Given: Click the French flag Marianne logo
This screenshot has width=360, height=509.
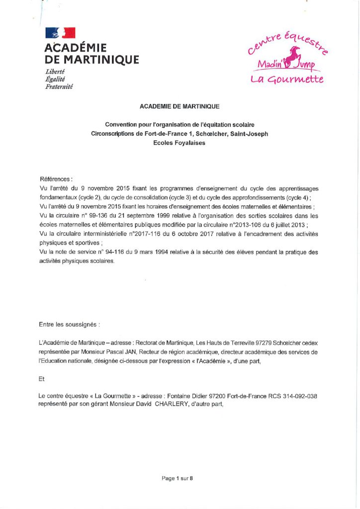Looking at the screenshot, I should tap(60, 33).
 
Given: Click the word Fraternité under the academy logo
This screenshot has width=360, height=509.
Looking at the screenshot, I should tap(59, 86).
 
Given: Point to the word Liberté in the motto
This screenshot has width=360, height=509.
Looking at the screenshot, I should tap(55, 72).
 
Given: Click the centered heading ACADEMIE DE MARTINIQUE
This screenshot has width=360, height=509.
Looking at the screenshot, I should tap(180, 106).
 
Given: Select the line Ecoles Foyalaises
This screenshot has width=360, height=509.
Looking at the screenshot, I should tap(180, 142).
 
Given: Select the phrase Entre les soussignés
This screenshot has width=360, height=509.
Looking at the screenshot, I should tap(69, 325).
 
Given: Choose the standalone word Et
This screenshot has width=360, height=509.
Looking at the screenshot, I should tap(42, 378).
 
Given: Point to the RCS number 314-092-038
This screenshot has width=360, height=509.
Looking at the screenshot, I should tap(296, 396).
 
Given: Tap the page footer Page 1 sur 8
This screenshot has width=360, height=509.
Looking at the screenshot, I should tap(177, 478).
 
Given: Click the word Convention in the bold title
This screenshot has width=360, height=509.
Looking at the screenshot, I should tap(119, 124).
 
